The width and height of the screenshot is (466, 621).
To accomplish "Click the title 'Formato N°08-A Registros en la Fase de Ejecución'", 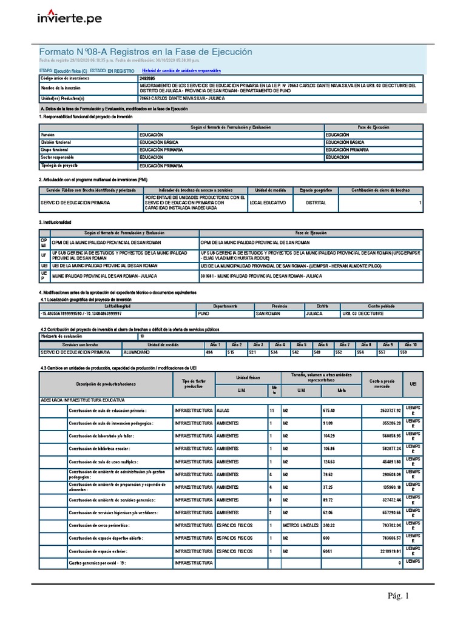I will (145, 52).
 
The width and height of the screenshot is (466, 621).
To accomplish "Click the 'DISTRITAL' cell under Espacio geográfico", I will (316, 203).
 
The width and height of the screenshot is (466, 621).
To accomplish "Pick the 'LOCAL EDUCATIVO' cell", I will (267, 203).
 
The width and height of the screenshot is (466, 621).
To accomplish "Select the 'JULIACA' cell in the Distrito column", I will (316, 314).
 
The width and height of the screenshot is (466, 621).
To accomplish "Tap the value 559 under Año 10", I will (404, 352).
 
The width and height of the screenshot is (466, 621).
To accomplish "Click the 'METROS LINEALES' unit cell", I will (300, 525).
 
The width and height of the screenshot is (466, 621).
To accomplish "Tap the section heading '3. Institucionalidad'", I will (55, 222).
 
